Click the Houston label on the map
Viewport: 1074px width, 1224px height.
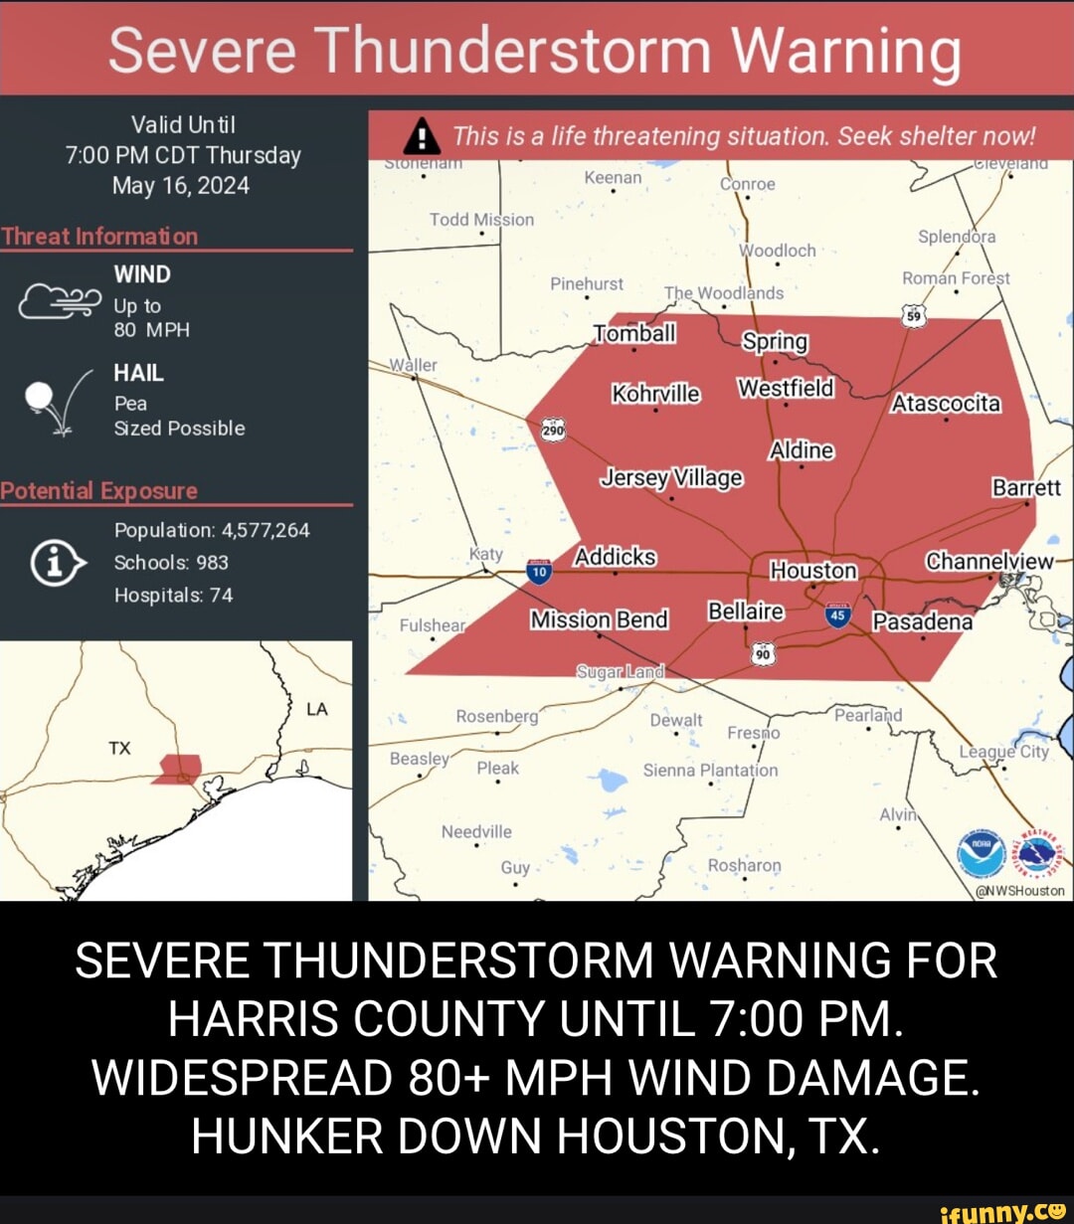(813, 571)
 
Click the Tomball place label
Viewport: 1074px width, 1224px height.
(634, 334)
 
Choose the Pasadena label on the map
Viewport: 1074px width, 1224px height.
(922, 622)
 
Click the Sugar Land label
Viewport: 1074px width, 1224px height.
(620, 672)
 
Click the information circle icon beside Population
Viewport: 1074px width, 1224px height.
(54, 563)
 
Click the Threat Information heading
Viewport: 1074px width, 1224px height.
(99, 237)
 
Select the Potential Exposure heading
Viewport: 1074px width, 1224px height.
(99, 491)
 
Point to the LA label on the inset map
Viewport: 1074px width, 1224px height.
(317, 710)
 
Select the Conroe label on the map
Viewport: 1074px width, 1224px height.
(747, 184)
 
